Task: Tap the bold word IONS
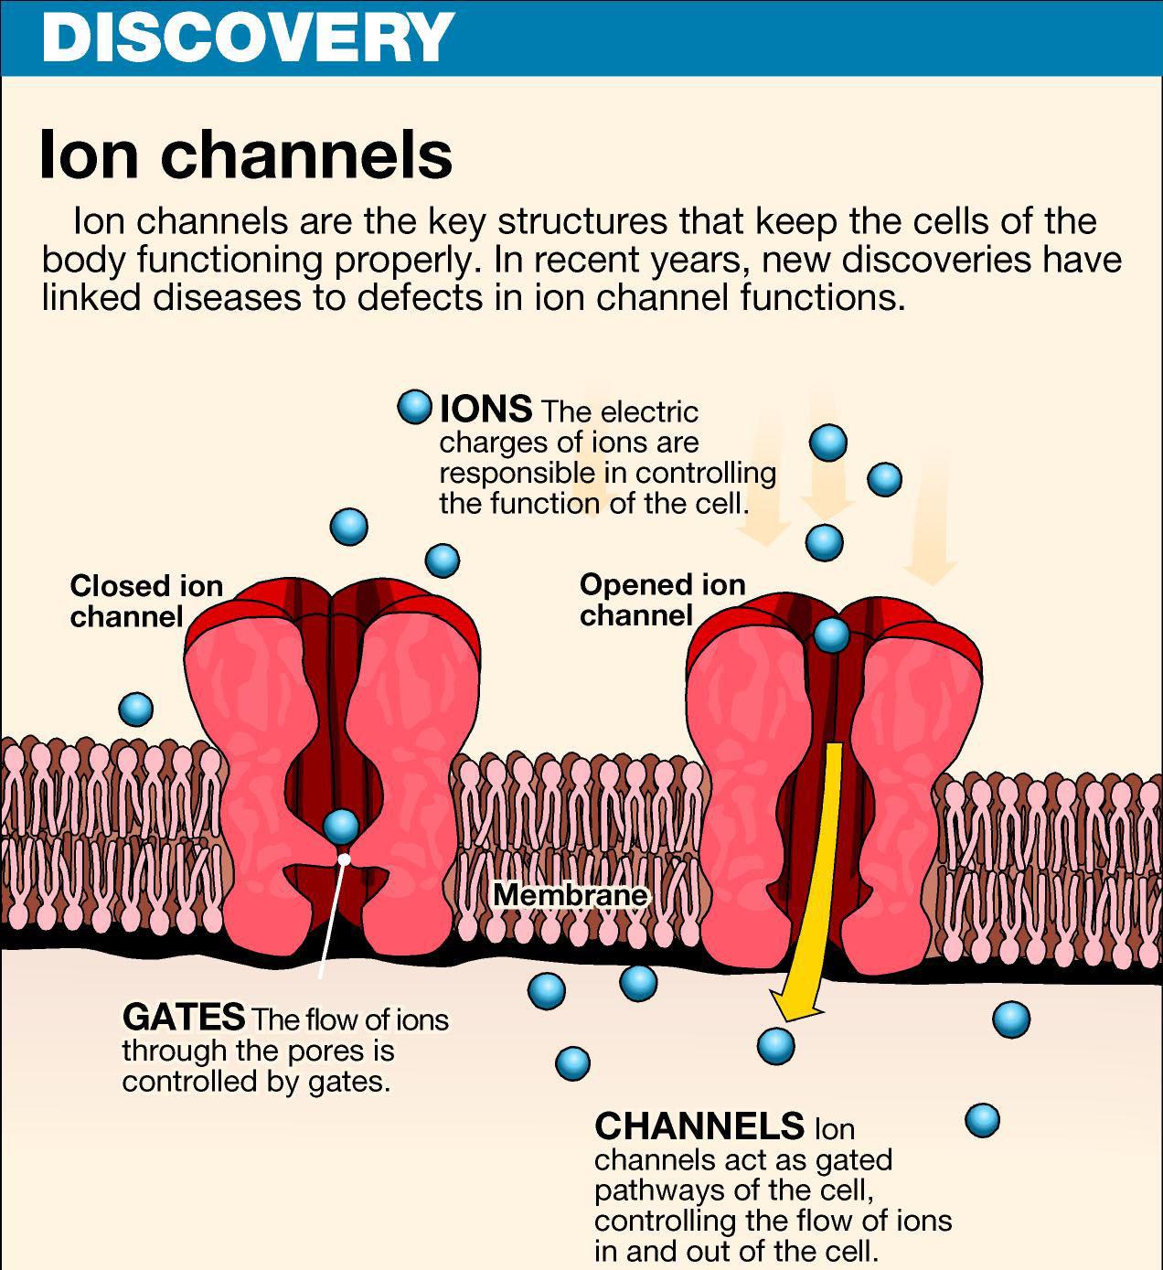pyautogui.click(x=485, y=409)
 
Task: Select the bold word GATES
pyautogui.click(x=183, y=1017)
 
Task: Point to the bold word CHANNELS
pyautogui.click(x=699, y=1126)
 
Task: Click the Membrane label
pyautogui.click(x=571, y=894)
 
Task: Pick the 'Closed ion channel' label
pyautogui.click(x=146, y=600)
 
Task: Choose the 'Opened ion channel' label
pyautogui.click(x=662, y=599)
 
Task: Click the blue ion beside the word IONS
pyautogui.click(x=414, y=407)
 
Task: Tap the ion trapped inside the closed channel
pyautogui.click(x=341, y=826)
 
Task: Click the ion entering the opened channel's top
pyautogui.click(x=831, y=634)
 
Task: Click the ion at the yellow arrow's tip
pyautogui.click(x=775, y=1044)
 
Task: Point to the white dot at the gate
pyautogui.click(x=344, y=859)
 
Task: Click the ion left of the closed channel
pyautogui.click(x=135, y=708)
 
